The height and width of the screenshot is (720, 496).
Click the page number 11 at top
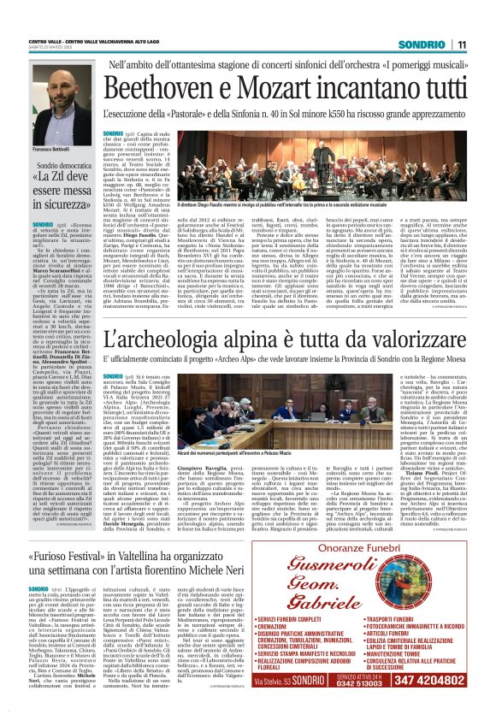click(483, 44)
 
